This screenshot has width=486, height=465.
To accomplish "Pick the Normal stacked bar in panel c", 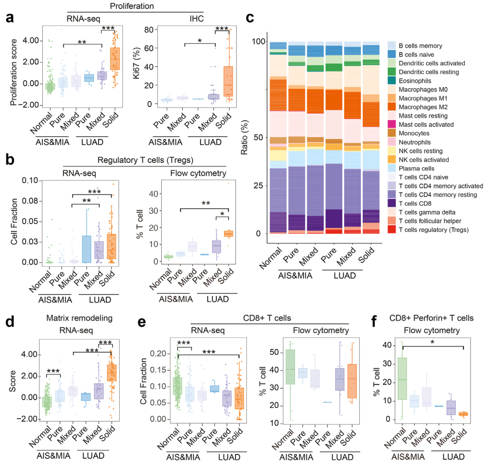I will pyautogui.click(x=278, y=138).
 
